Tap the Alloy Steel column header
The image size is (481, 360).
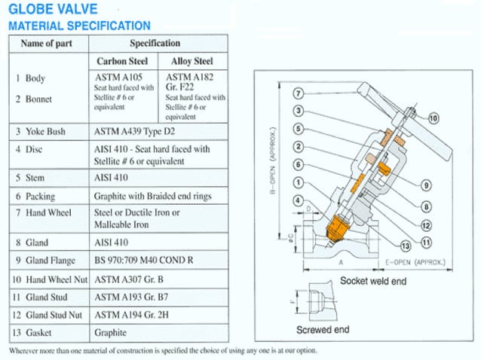coord(193,61)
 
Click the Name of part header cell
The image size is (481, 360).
coord(47,43)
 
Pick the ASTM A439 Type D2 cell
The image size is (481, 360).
coord(134,132)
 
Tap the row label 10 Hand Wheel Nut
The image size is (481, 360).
coord(49,279)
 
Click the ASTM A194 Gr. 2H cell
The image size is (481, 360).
coord(131,316)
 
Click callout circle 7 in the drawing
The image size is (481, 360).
coord(299,93)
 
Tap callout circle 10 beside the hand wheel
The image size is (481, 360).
coord(434,118)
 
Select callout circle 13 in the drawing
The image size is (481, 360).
coord(405,246)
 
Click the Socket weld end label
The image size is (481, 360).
coord(372,280)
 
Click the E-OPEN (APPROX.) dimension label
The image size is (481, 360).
coord(414,264)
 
